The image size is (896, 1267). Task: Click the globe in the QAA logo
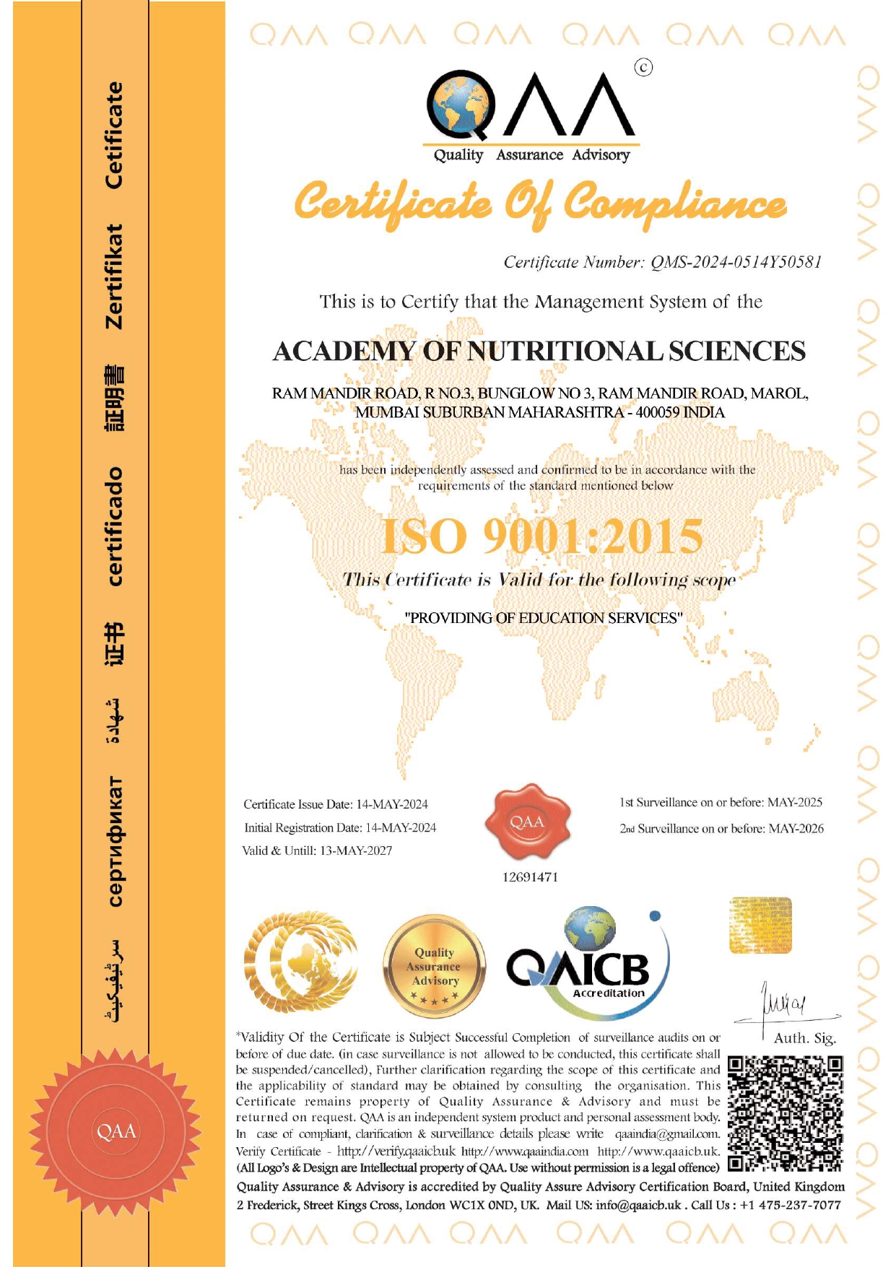(x=460, y=105)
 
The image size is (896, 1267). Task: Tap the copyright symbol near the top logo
(x=643, y=67)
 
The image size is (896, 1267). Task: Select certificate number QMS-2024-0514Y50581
(x=736, y=262)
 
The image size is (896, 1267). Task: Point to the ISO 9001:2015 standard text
(x=541, y=536)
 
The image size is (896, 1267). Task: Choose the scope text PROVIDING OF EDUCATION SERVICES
(x=543, y=618)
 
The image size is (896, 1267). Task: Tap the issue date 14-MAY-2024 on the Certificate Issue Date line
(x=392, y=804)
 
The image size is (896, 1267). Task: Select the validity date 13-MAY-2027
(x=356, y=850)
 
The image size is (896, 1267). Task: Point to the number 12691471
(x=530, y=877)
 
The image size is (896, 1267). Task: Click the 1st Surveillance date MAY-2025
(x=794, y=802)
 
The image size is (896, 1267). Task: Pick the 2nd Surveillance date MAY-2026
(x=796, y=829)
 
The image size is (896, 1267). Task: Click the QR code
(x=786, y=1113)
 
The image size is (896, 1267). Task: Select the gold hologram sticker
(x=760, y=925)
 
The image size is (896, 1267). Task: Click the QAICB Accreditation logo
(x=588, y=960)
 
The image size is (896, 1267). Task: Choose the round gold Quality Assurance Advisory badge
(x=434, y=967)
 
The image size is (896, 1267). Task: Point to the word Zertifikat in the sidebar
(x=115, y=277)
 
